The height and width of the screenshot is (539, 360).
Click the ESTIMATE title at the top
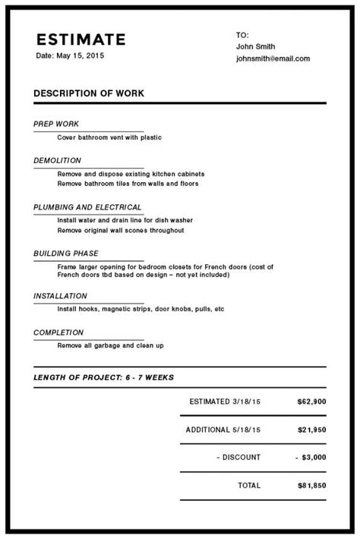pos(81,39)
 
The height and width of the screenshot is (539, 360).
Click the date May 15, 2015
pos(70,56)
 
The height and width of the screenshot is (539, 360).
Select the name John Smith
pos(255,46)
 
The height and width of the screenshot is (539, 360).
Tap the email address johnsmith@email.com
pos(273,58)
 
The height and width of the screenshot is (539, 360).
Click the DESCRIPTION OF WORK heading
pos(89,93)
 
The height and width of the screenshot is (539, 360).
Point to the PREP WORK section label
pos(56,124)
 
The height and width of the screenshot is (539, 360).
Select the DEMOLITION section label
pos(57,161)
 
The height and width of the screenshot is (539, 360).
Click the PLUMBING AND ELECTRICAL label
pos(87,207)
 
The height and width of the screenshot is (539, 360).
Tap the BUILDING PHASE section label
pos(66,254)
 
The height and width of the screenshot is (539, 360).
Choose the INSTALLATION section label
pos(60,296)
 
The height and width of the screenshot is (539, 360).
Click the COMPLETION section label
pos(58,333)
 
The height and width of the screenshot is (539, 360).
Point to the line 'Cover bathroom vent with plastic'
pos(109,137)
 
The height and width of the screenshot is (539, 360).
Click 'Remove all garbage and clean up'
pos(110,345)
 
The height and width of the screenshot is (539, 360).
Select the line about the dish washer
pos(120,220)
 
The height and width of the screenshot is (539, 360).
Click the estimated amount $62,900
pos(311,401)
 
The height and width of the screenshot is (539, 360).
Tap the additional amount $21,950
pos(311,430)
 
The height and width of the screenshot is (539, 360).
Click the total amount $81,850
pos(311,485)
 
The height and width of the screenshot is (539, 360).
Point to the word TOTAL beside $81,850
pos(249,485)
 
